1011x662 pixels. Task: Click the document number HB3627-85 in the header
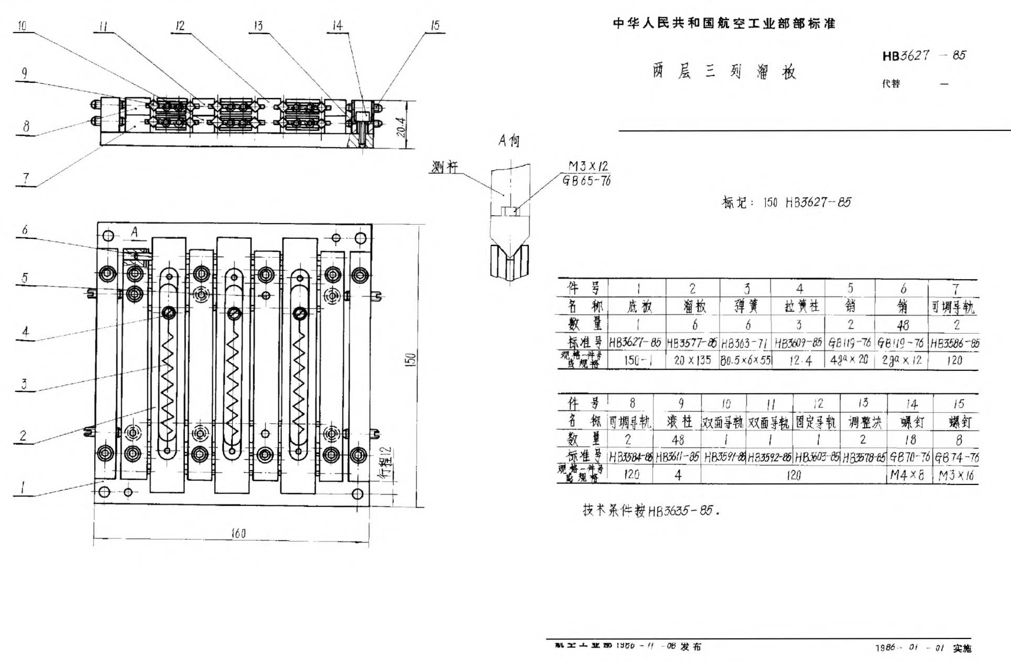click(x=923, y=56)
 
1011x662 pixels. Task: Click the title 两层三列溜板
click(x=724, y=72)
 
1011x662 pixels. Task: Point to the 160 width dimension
click(x=238, y=533)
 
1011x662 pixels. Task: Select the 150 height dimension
click(x=411, y=359)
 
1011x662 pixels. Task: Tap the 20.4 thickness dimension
click(x=401, y=127)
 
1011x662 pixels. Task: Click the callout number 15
click(x=434, y=26)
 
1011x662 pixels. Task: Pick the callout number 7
click(x=26, y=178)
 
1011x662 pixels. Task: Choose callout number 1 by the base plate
click(x=23, y=488)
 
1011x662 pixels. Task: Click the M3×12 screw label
click(x=588, y=167)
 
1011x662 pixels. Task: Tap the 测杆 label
click(x=444, y=167)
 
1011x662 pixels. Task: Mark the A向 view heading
click(x=509, y=140)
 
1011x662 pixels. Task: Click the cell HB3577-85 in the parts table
click(x=692, y=344)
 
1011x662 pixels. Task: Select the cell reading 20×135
click(x=692, y=360)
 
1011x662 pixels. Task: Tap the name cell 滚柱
click(x=679, y=422)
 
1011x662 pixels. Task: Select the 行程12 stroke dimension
click(x=386, y=463)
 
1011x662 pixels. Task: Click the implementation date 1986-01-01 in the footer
click(x=909, y=648)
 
